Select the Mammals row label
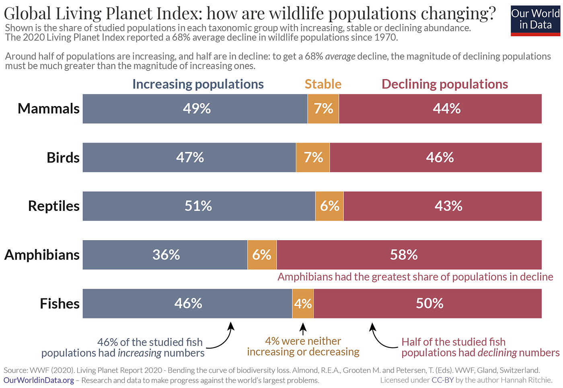point(49,109)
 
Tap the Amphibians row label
point(42,255)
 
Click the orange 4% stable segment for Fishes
point(303,304)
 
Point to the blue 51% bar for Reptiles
point(199,206)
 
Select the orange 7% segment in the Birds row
point(313,157)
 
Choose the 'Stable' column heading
point(323,84)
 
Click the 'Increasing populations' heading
point(198,84)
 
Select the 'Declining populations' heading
point(445,84)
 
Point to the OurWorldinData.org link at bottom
point(39,380)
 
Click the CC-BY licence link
point(442,380)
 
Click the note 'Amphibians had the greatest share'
point(415,277)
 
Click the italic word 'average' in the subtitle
point(340,57)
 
